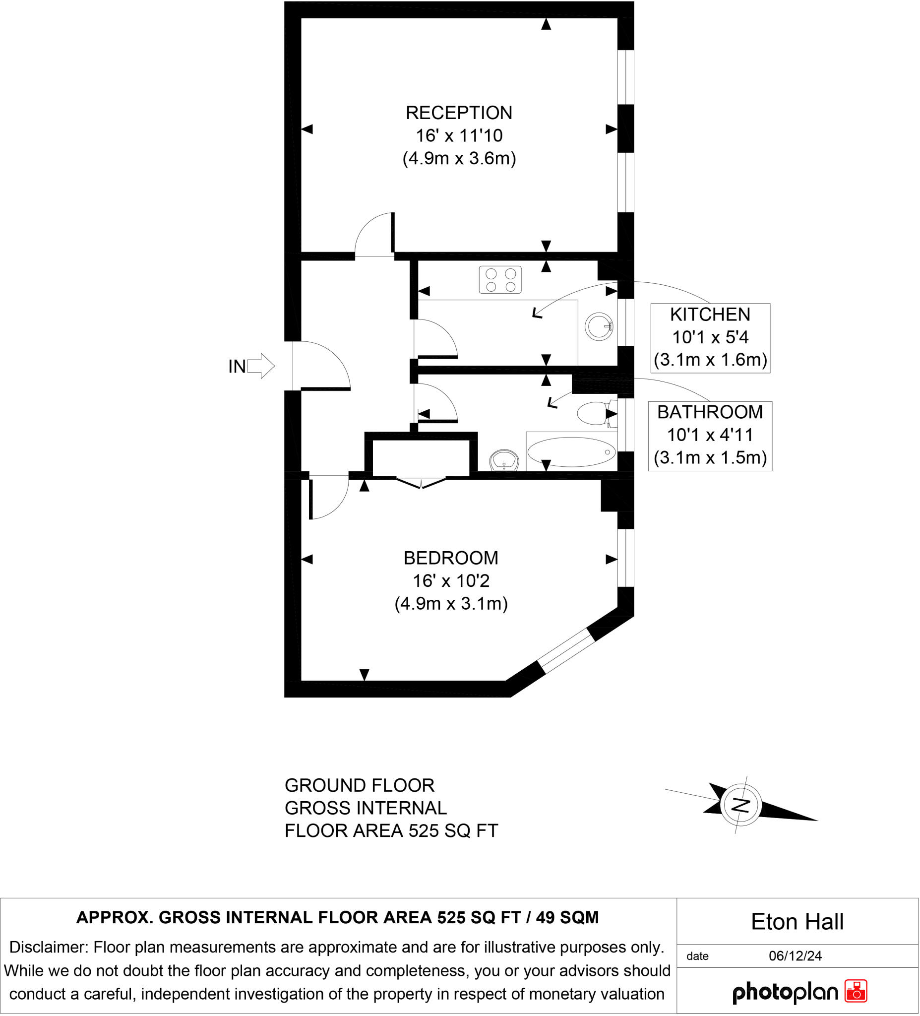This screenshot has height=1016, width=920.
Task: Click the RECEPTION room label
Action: (x=459, y=113)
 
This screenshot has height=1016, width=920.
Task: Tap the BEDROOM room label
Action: (x=451, y=559)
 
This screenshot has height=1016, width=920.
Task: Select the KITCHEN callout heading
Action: (x=710, y=315)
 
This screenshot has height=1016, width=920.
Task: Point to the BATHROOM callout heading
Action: (x=710, y=412)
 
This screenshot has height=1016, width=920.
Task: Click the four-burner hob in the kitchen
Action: (x=500, y=280)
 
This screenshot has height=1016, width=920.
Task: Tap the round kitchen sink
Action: (x=599, y=326)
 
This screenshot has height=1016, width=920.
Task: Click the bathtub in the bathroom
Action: (x=571, y=452)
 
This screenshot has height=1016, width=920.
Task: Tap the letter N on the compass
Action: (x=740, y=805)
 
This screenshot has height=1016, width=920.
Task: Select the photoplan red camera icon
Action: (x=856, y=990)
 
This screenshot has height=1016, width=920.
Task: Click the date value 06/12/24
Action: (x=795, y=956)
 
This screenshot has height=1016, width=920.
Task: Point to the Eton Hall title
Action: (x=797, y=922)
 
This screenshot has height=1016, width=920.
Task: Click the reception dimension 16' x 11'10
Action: (x=459, y=135)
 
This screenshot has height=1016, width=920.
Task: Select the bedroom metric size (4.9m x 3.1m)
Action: (x=451, y=604)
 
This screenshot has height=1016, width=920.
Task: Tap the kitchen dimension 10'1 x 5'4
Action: (x=710, y=337)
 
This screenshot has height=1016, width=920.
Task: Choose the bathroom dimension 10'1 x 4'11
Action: (x=710, y=435)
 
